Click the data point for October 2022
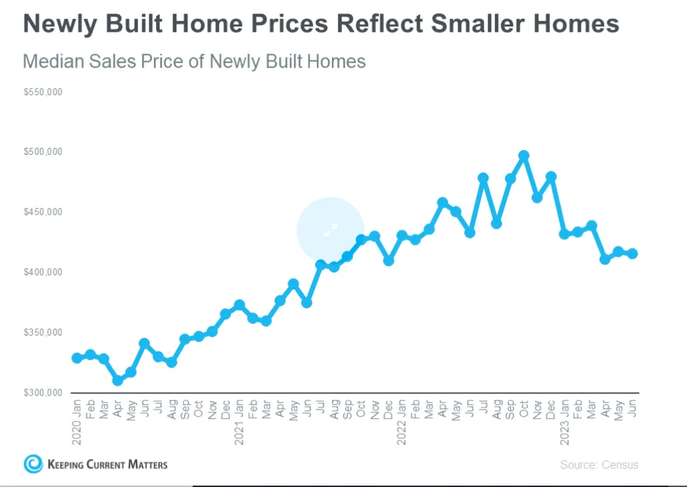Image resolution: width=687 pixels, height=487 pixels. pos(523,156)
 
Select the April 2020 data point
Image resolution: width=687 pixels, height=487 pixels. pos(117,380)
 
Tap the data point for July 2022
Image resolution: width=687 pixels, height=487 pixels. pos(483,178)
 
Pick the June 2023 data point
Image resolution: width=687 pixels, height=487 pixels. pos(632,253)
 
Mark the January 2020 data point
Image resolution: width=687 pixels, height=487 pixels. pos(77,358)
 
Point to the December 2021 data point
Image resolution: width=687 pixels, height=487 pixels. pos(388,260)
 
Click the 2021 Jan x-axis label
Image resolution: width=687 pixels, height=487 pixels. pos(239,422)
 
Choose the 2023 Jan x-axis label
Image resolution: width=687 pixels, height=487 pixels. pos(564,422)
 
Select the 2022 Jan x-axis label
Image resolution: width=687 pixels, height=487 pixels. pos(402,422)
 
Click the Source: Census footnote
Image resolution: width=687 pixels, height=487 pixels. pos(599,464)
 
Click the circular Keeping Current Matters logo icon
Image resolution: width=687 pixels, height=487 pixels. pos(33,464)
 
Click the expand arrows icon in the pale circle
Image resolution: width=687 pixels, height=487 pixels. pos(330,229)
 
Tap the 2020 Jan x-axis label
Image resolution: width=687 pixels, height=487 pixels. pos(77,422)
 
